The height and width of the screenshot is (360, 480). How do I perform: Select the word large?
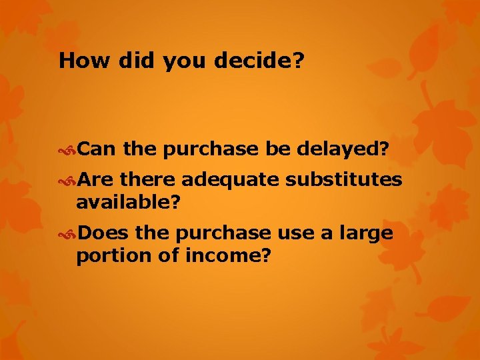click(367, 234)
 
